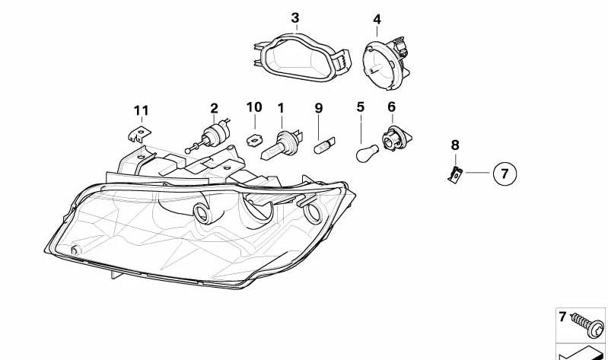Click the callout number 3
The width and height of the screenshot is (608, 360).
[x=295, y=18]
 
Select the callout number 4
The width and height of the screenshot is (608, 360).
[x=377, y=20]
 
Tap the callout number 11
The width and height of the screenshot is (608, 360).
[x=141, y=111]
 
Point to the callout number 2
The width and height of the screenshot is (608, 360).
[x=214, y=109]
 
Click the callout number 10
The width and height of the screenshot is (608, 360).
[x=254, y=108]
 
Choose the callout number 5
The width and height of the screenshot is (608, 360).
[x=361, y=108]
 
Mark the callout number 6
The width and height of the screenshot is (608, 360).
[x=392, y=108]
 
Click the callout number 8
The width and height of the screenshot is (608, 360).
[x=455, y=144]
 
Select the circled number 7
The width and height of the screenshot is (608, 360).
[x=504, y=174]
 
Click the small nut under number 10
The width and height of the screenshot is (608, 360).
[x=254, y=139]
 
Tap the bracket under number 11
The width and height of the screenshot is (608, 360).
[x=135, y=135]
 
